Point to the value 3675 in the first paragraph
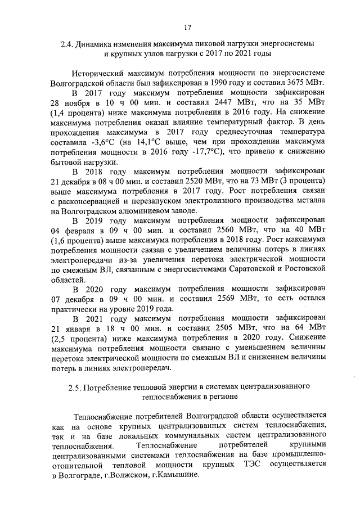coord(286,82)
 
